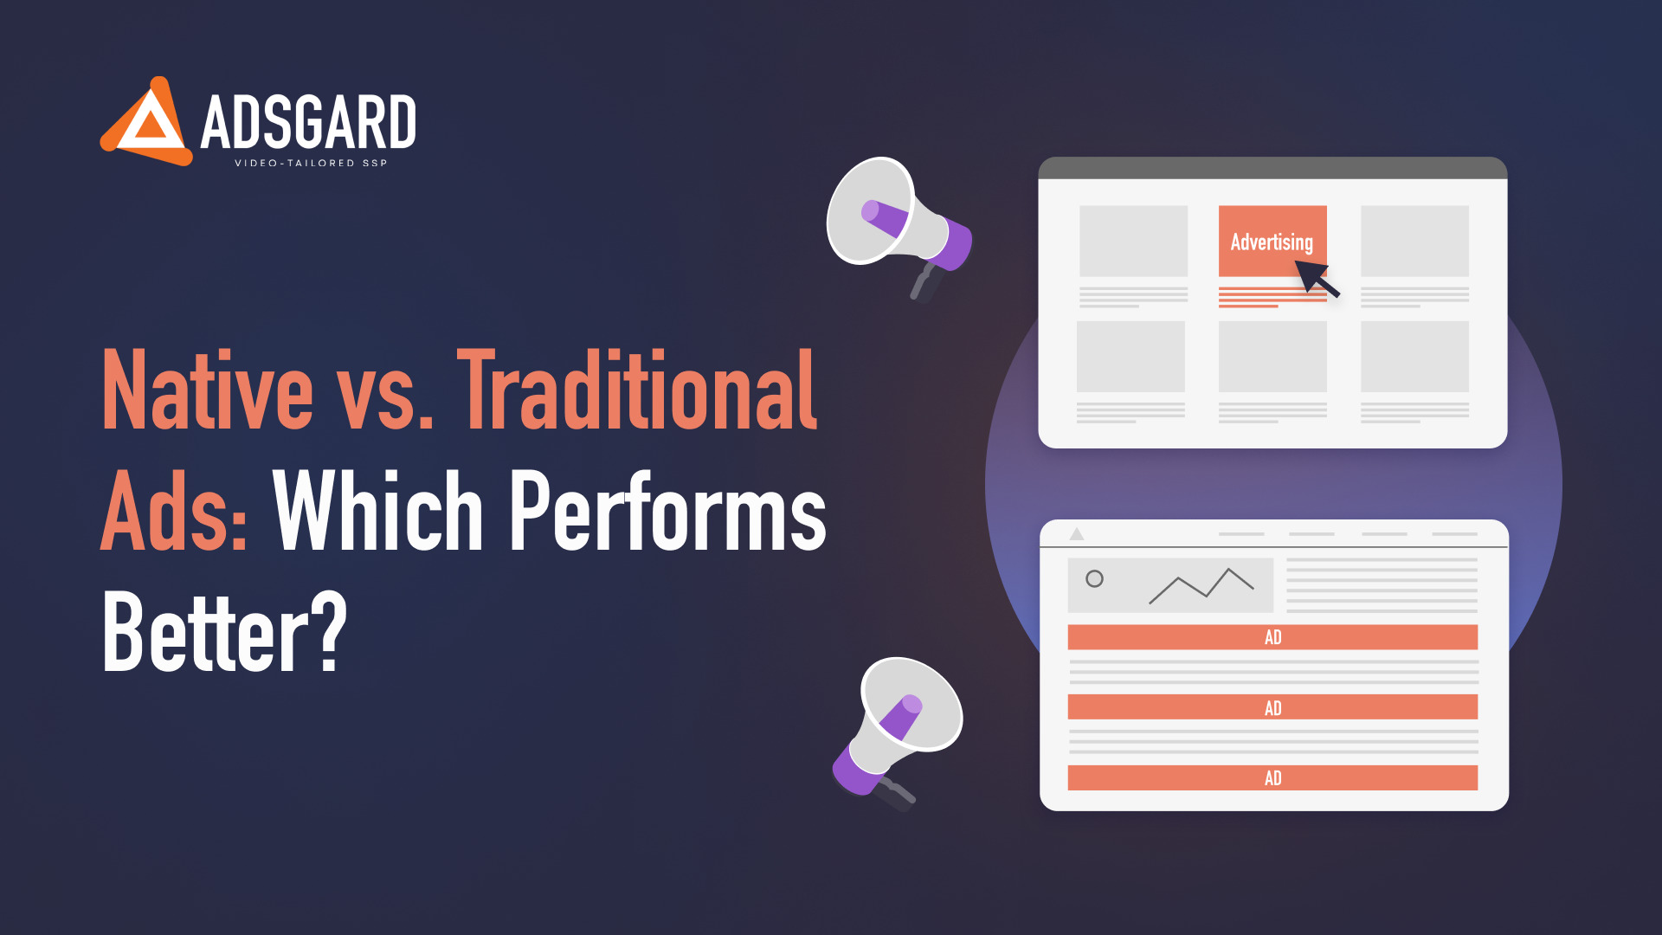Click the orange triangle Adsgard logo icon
(145, 122)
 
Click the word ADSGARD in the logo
(308, 122)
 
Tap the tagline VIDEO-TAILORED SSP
(311, 163)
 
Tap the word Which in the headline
(378, 510)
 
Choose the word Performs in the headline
(668, 510)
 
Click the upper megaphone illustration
(899, 227)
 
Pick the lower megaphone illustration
(897, 731)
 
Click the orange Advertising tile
(1272, 241)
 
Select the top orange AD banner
(1272, 637)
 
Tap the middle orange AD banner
(1272, 707)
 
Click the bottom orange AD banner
(1272, 777)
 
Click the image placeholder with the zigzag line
(1170, 585)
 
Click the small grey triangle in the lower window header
(1077, 534)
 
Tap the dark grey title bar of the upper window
(1272, 168)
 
